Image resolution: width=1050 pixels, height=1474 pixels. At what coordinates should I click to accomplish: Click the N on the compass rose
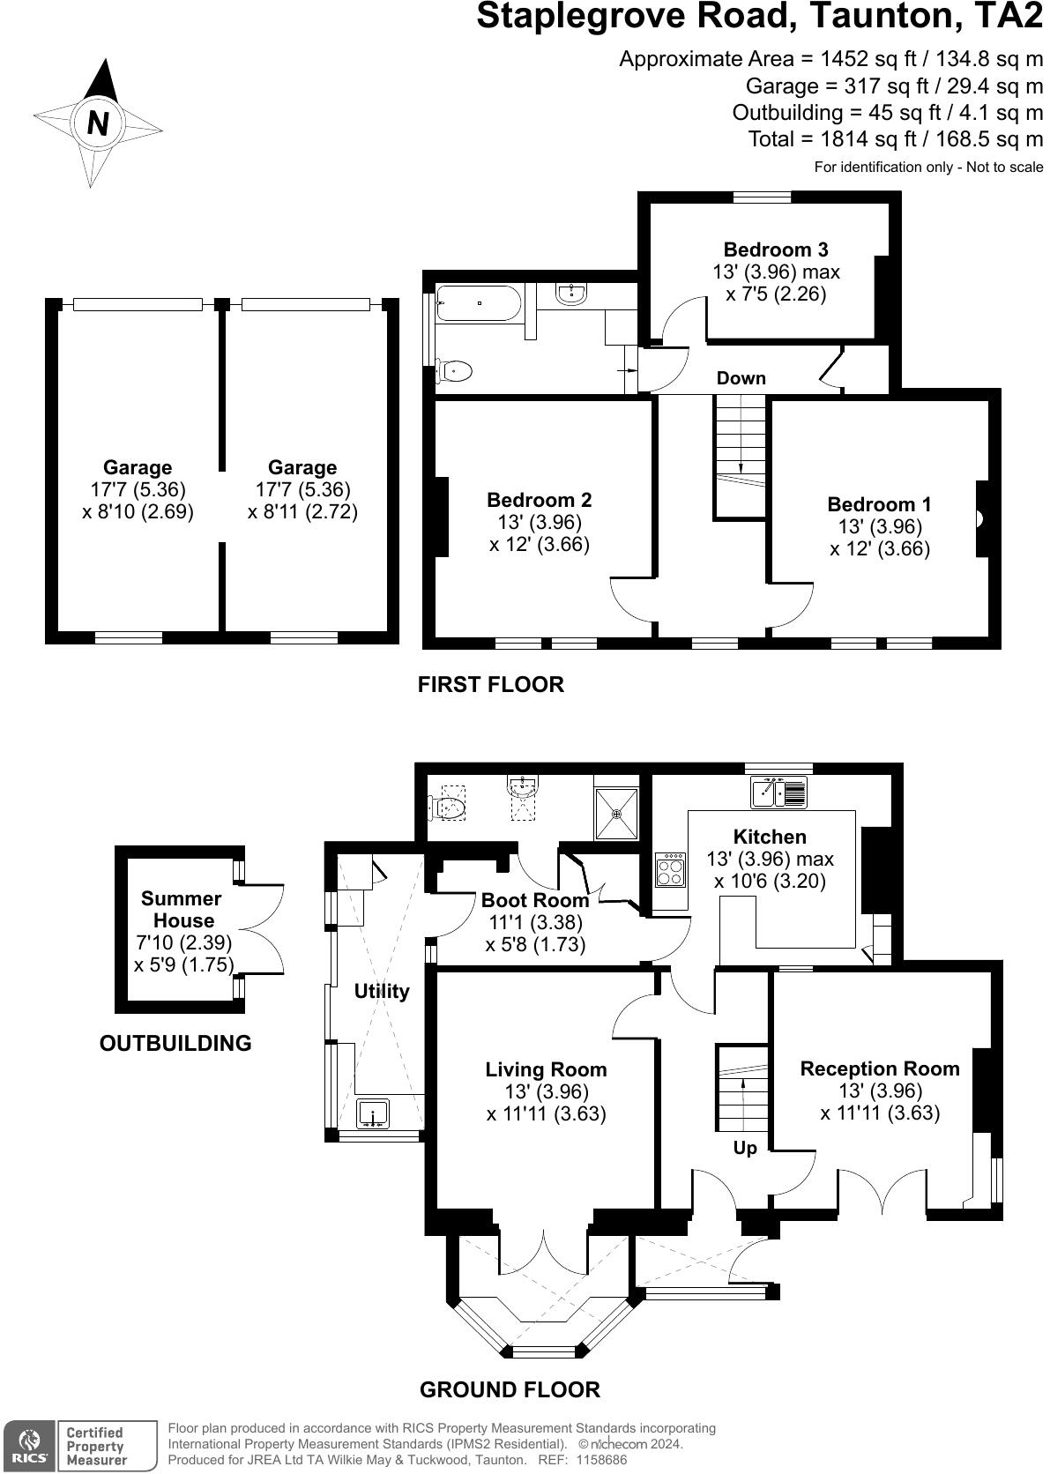(98, 123)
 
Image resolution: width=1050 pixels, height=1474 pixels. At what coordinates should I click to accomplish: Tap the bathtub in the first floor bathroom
(479, 302)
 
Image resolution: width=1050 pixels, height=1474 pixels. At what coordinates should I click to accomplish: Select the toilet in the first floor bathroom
(454, 371)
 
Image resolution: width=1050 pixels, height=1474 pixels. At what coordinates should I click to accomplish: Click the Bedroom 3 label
(776, 249)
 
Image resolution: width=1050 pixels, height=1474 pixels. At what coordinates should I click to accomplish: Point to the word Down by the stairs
(741, 378)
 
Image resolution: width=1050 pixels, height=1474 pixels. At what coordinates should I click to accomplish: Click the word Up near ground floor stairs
(745, 1148)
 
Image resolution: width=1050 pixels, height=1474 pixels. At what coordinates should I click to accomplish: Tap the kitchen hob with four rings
(670, 870)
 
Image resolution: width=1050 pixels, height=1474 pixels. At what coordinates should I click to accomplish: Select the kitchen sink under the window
(779, 792)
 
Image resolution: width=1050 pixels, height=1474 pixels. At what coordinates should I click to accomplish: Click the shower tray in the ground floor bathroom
(616, 815)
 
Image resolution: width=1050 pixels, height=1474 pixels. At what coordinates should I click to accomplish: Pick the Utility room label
(382, 991)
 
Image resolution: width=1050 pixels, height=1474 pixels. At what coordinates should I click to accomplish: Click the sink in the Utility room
(372, 1114)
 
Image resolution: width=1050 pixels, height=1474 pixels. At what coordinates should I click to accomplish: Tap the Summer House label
(182, 910)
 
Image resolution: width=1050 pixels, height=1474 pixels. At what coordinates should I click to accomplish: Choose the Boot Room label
(535, 900)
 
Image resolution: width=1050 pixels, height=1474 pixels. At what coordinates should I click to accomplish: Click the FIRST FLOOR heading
(491, 684)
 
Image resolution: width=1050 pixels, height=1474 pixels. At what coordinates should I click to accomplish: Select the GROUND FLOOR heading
(510, 1389)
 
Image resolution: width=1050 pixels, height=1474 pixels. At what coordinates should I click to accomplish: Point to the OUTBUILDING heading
(175, 1043)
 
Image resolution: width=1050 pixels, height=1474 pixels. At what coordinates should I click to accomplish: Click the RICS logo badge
(30, 1447)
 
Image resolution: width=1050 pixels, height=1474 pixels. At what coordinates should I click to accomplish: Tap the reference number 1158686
(601, 1460)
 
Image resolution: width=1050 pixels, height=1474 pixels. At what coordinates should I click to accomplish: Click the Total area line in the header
(896, 139)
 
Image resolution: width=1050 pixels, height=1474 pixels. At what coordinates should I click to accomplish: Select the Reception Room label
(880, 1068)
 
